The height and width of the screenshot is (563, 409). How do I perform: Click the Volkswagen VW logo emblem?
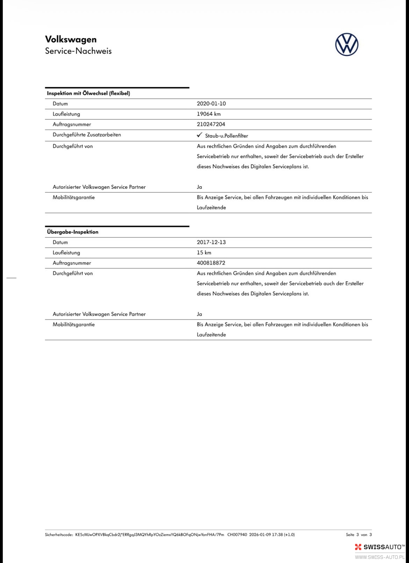pos(347,44)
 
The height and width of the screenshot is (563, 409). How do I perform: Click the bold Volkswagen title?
pos(71,39)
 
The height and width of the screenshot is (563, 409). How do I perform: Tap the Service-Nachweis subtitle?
pos(78,51)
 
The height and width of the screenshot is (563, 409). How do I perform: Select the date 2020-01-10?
pos(211,104)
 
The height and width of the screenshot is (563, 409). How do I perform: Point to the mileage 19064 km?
pos(209,114)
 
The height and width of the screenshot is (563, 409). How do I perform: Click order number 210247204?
pos(211,124)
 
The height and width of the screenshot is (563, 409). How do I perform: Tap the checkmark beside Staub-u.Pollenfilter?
pos(199,135)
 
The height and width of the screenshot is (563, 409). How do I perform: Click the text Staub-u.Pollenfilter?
pos(227,136)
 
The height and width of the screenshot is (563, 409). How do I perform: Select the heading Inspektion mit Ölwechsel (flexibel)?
pos(89,93)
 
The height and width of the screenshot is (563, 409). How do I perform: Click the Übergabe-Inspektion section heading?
pos(73,232)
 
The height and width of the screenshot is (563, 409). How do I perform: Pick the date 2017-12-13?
pos(211,242)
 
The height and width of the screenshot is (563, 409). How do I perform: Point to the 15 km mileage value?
pos(204,252)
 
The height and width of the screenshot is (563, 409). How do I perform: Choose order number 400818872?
pos(211,263)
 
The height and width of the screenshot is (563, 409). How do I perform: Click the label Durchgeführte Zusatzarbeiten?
pos(87,135)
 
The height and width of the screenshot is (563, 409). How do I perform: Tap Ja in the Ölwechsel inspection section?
pos(199,187)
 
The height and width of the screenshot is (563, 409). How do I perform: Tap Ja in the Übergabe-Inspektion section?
pos(199,314)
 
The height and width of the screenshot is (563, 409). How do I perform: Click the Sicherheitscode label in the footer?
pos(59,535)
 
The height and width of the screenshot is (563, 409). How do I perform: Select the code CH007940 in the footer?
pos(237,535)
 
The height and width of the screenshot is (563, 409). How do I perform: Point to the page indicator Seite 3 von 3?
pos(359,535)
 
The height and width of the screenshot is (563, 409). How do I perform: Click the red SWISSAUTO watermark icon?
pos(358,547)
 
